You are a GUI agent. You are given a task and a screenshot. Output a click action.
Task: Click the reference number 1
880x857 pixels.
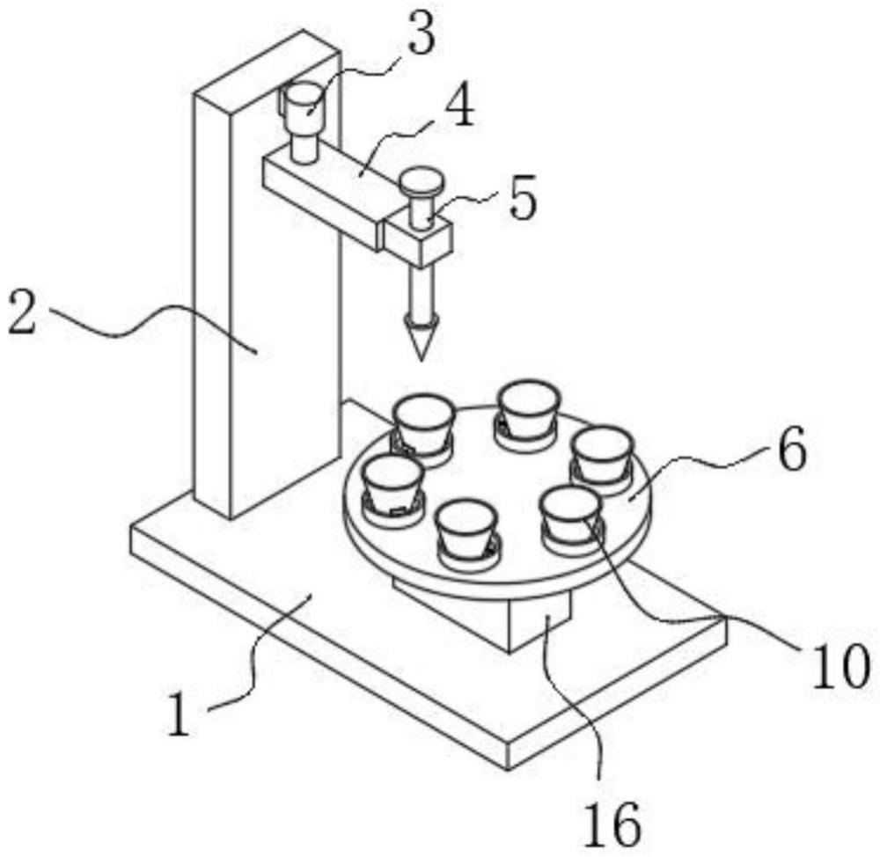(x=180, y=714)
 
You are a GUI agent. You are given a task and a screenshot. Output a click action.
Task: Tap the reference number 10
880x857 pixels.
(x=841, y=665)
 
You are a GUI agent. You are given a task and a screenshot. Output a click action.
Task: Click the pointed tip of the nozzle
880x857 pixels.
(x=420, y=359)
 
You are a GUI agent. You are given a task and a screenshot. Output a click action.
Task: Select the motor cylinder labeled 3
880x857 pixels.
(x=303, y=121)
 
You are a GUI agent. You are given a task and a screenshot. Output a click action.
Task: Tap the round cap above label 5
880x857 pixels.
(x=421, y=181)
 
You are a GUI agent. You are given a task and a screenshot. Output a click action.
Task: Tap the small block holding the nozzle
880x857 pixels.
(x=418, y=239)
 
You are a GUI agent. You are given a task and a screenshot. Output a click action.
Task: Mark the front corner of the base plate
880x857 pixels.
(x=508, y=769)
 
